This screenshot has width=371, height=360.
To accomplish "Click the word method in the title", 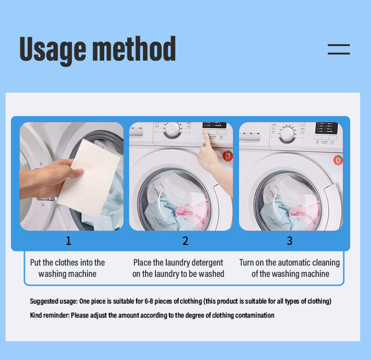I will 133,49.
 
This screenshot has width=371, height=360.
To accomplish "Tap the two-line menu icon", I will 339,49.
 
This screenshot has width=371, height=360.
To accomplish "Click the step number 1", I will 69,241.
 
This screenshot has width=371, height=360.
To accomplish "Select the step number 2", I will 185,241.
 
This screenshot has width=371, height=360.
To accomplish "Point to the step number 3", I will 289,241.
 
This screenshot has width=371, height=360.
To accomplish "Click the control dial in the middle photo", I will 173,130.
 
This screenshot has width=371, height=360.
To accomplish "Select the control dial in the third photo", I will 287,134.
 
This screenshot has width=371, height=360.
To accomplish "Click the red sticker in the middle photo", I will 227,156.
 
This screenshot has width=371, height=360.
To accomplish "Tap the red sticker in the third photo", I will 338,160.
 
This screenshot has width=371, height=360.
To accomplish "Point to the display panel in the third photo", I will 326,128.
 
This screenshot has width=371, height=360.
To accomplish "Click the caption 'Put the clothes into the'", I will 67,263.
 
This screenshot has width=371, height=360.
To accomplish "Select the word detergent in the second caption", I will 204,263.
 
